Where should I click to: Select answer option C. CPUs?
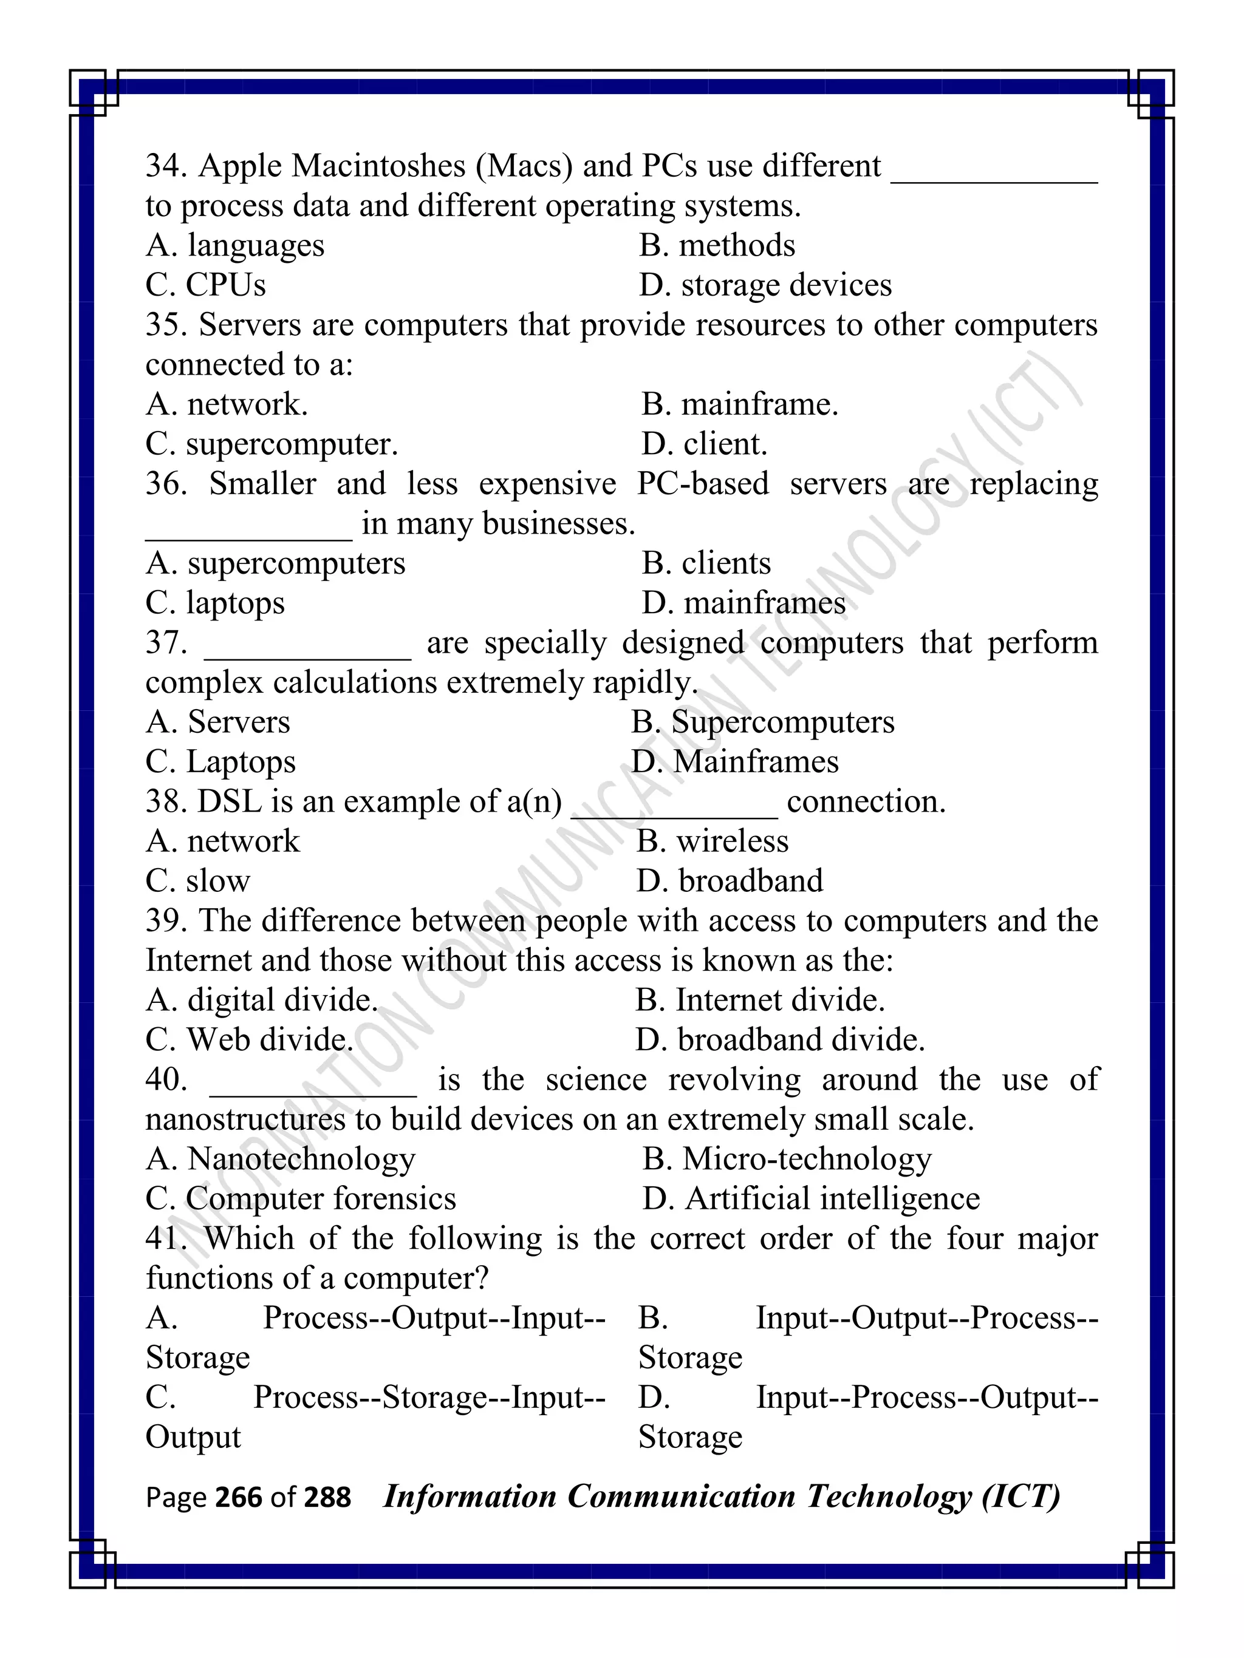click(x=205, y=285)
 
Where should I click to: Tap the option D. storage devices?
click(x=765, y=285)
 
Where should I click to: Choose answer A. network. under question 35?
click(x=227, y=405)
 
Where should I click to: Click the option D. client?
click(x=704, y=444)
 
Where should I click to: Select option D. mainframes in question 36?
click(x=743, y=603)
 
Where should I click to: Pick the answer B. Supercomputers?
click(x=762, y=722)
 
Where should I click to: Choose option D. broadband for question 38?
click(x=729, y=882)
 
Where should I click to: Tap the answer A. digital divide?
click(x=261, y=1001)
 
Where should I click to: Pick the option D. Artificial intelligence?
click(x=810, y=1199)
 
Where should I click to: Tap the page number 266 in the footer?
click(x=239, y=1498)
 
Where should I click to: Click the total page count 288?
click(x=327, y=1498)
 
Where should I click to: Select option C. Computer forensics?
click(x=300, y=1199)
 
